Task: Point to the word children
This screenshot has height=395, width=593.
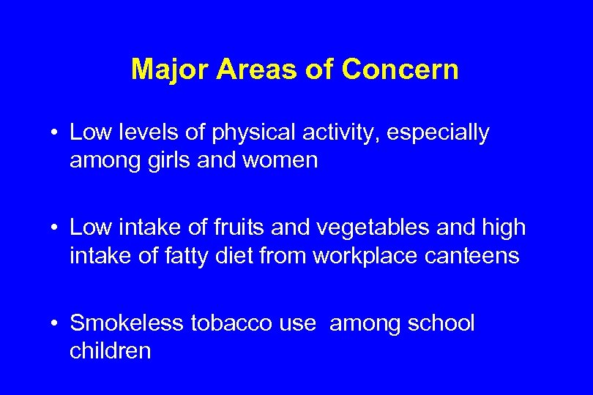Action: coord(111,350)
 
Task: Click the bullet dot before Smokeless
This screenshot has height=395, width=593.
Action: coord(56,323)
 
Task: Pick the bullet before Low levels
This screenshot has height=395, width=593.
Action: coord(56,134)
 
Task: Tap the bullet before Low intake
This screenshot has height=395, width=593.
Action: coord(56,228)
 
